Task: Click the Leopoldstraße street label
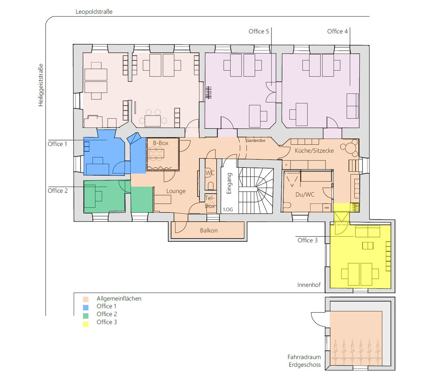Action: (x=94, y=12)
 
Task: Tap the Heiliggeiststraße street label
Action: (x=41, y=85)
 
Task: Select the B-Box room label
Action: (x=161, y=143)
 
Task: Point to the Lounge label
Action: (x=176, y=191)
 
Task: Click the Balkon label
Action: (x=209, y=230)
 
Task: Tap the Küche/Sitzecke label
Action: (x=314, y=151)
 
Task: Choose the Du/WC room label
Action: (x=305, y=195)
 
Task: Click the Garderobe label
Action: (x=256, y=140)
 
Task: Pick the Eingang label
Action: (x=229, y=183)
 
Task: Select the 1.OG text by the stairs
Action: (x=228, y=210)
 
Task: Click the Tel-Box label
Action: (x=210, y=202)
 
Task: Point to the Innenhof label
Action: (x=309, y=285)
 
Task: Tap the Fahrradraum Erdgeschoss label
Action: (x=304, y=361)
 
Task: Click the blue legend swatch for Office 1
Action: (x=86, y=307)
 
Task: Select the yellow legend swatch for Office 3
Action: (x=86, y=324)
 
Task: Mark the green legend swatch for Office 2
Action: (x=86, y=316)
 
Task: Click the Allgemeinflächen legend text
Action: (x=119, y=298)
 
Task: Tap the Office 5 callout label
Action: (x=259, y=31)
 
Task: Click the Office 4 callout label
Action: (x=337, y=31)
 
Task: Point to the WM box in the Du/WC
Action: (x=327, y=208)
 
